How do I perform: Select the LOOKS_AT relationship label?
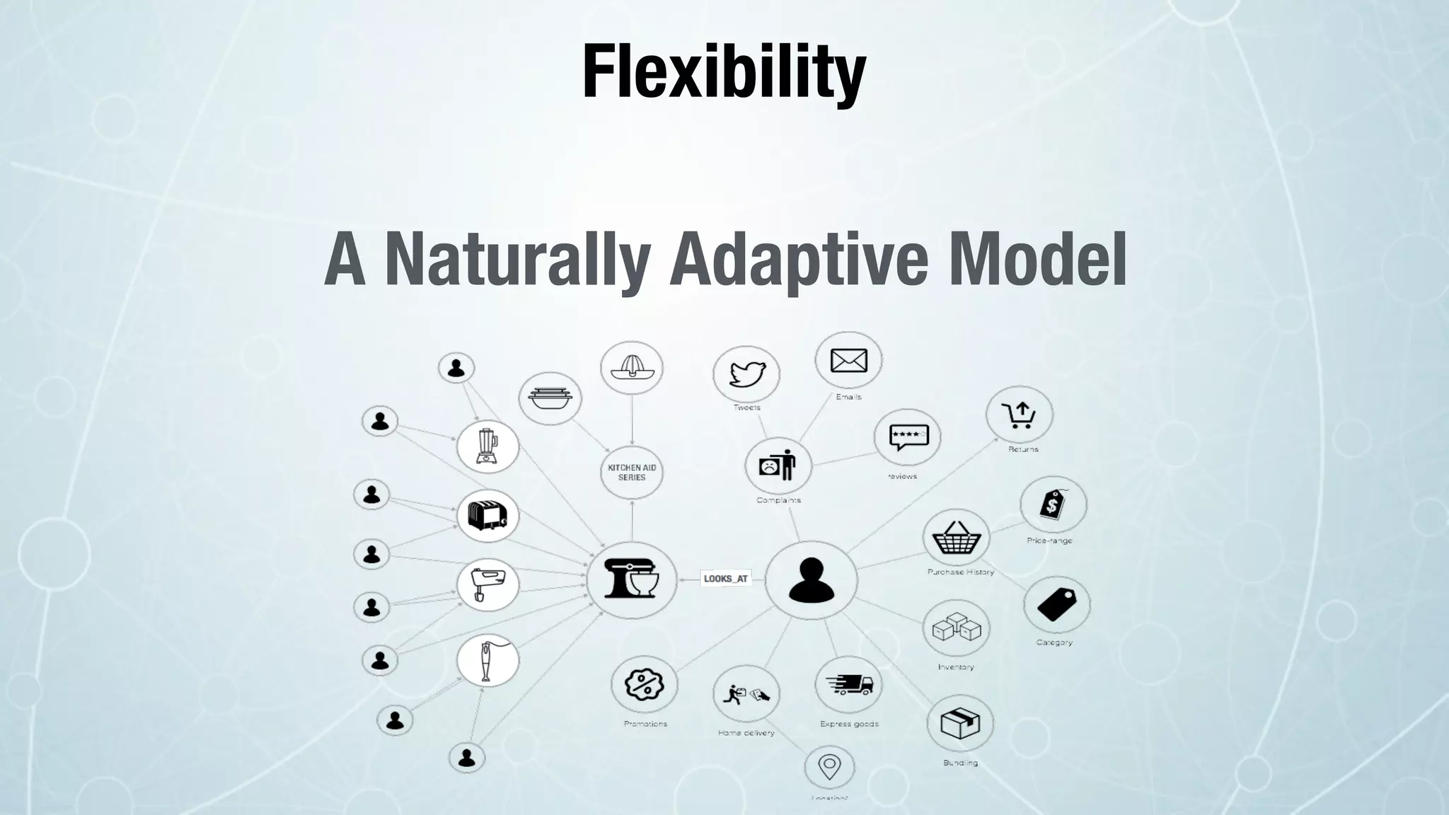coord(725,579)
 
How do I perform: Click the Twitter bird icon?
coord(746,374)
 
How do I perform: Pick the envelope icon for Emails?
coord(848,361)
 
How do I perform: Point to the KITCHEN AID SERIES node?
coord(632,472)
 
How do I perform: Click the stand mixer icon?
coord(632,580)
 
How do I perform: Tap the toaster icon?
coord(487,516)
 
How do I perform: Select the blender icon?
coord(487,447)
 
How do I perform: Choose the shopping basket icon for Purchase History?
coord(957,539)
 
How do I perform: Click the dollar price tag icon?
coord(1053,505)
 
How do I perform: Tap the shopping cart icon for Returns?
coord(1019,415)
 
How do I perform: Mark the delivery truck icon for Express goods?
coord(848,684)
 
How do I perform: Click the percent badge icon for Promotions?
coord(644,684)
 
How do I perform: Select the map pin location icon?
coord(829,766)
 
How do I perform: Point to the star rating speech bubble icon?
coord(906,437)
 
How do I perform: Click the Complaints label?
coord(778,500)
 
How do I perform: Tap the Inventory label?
coord(956,667)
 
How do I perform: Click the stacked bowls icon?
coord(550,398)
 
